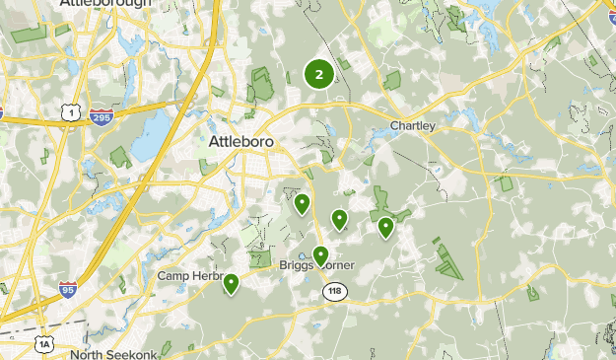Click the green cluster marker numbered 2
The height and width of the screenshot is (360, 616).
(318, 74)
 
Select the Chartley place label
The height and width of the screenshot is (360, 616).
(412, 126)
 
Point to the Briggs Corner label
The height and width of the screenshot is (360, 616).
(315, 265)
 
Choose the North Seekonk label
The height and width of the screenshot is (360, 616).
(113, 354)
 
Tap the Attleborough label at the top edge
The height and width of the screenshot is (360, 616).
(105, 4)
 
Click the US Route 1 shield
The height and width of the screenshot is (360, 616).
(71, 114)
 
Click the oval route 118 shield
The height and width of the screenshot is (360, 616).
(333, 292)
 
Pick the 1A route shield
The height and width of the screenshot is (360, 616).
(44, 342)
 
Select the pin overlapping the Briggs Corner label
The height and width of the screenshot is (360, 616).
(320, 255)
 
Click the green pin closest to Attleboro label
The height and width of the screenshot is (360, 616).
(302, 203)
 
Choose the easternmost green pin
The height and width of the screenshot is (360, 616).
(385, 227)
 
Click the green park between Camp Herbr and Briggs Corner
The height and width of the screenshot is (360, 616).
(260, 258)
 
